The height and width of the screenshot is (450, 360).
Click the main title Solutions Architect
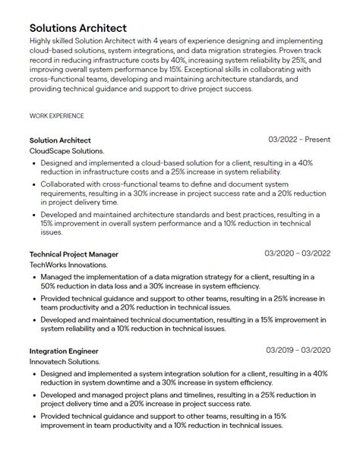[78, 27]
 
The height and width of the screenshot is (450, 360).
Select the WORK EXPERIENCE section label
[56, 116]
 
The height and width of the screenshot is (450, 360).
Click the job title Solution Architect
[60, 140]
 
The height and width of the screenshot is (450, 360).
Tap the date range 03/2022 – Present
[299, 140]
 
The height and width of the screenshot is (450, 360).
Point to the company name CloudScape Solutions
[67, 151]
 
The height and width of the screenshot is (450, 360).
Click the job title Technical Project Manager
[74, 253]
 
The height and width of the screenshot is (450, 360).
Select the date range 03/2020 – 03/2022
[298, 253]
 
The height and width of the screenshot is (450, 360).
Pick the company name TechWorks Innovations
[68, 265]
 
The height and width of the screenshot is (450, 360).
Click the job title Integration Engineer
[64, 351]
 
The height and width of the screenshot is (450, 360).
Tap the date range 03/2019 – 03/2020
[298, 351]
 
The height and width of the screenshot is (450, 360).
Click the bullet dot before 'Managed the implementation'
[34, 277]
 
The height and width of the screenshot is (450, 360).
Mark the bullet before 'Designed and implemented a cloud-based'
[34, 163]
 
